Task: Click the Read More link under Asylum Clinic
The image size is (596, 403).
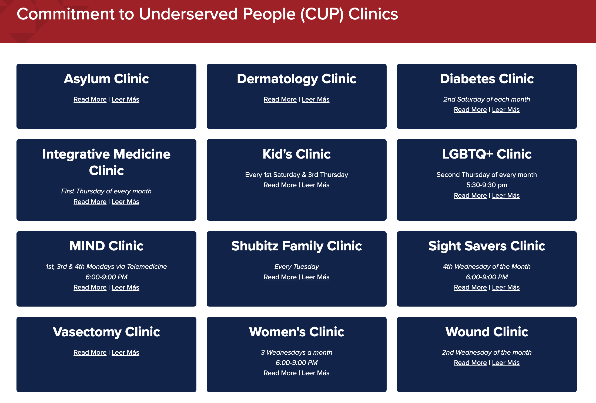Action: tap(90, 99)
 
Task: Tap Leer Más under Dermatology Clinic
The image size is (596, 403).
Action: tap(316, 99)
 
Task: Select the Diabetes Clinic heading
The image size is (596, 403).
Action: tap(487, 79)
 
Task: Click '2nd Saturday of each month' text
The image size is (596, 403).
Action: tap(487, 99)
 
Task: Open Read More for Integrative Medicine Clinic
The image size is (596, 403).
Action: tap(90, 202)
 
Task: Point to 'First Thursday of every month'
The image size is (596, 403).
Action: tap(106, 191)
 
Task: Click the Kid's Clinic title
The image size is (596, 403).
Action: tap(297, 154)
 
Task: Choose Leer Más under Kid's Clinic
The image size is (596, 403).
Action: tap(316, 185)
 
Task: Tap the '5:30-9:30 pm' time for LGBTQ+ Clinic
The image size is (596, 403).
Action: tap(487, 185)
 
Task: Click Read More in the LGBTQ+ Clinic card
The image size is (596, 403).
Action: tap(470, 196)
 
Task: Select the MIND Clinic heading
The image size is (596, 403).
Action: tap(106, 246)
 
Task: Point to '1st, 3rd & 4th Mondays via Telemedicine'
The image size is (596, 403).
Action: tap(106, 267)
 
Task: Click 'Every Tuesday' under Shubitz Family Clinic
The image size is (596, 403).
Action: tap(297, 267)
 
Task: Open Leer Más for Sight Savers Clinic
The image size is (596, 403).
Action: tap(506, 287)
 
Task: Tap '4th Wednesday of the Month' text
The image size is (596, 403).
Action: tap(487, 267)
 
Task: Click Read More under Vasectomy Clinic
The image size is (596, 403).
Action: tap(90, 352)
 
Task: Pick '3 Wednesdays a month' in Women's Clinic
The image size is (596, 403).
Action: tap(296, 352)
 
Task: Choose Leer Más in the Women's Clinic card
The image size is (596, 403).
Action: tap(316, 373)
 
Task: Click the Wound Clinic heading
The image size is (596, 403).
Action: tap(487, 332)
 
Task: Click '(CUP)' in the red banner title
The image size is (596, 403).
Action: tap(322, 14)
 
